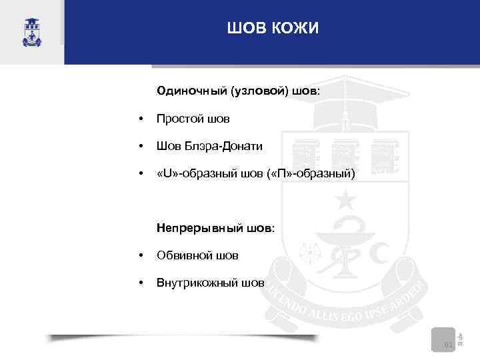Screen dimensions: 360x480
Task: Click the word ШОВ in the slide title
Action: [245, 29]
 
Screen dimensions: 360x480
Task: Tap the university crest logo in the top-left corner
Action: [31, 31]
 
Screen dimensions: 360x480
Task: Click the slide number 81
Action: [449, 345]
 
